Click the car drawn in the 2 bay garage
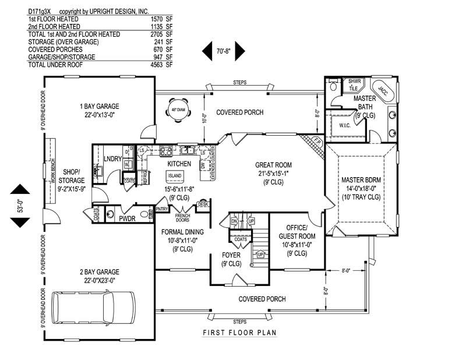[93, 307]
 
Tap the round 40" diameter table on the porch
[178, 112]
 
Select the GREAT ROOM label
[273, 165]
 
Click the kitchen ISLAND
[174, 175]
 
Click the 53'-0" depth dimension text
[20, 205]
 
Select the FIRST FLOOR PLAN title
[239, 333]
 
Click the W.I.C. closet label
[339, 125]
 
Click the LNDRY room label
[112, 158]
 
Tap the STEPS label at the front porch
[239, 321]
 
